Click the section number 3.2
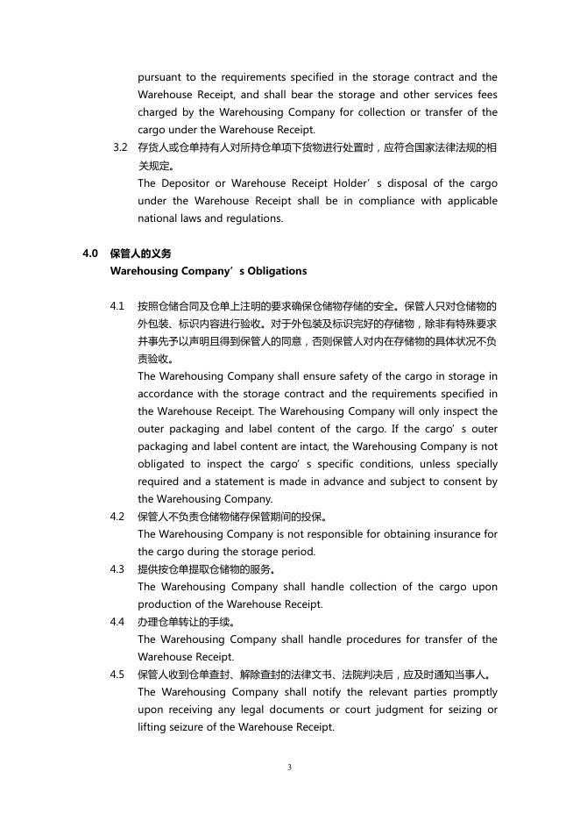[x=122, y=147]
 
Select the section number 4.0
[x=89, y=253]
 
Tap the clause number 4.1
[x=117, y=306]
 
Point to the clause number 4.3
[x=117, y=569]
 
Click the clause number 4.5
[x=117, y=675]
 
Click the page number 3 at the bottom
[x=289, y=767]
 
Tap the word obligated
[x=162, y=464]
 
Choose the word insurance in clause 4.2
[x=456, y=534]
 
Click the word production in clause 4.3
[x=166, y=604]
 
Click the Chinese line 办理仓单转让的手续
[x=173, y=622]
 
